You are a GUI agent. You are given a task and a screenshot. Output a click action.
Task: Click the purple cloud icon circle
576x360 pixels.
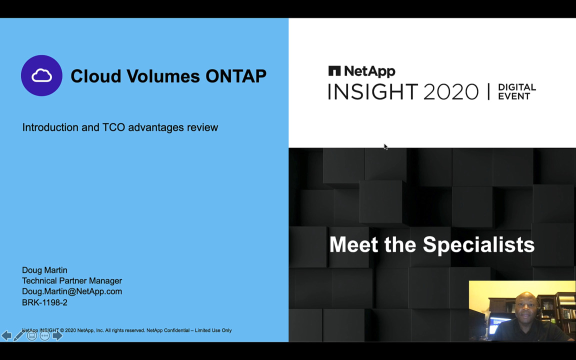click(41, 75)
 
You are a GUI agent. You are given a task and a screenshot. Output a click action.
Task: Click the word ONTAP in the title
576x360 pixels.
click(236, 76)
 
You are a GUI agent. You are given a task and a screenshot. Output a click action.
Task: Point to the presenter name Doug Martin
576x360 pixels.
click(45, 270)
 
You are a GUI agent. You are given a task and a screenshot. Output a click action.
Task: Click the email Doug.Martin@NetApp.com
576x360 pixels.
click(72, 291)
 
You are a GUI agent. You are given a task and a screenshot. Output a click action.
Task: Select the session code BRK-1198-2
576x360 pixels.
click(45, 302)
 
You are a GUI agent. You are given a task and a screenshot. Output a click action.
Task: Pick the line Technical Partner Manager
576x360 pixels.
click(72, 280)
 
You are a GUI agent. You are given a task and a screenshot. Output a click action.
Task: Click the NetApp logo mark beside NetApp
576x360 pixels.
click(334, 71)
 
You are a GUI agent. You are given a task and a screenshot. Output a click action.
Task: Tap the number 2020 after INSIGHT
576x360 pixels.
click(451, 92)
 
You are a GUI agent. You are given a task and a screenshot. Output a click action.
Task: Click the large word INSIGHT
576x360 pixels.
click(373, 92)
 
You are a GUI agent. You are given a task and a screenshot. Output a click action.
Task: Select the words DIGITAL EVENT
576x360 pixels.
click(517, 92)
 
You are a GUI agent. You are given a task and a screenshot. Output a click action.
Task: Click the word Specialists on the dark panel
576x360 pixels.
click(478, 244)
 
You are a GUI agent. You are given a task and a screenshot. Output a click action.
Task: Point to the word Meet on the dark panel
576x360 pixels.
click(354, 244)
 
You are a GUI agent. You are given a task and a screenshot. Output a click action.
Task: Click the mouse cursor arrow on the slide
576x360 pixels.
click(385, 147)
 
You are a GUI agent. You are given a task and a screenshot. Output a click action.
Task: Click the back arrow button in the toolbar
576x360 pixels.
click(6, 335)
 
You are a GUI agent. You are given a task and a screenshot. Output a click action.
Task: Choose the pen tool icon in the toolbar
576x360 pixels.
click(18, 335)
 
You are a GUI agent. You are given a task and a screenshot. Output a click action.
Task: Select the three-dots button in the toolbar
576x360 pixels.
click(45, 335)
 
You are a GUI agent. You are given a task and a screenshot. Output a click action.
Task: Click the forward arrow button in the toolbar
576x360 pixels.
click(57, 335)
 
